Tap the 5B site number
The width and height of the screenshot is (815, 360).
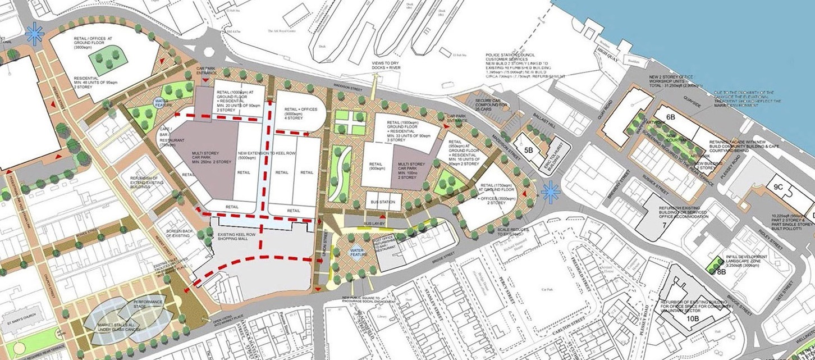click(x=528, y=150)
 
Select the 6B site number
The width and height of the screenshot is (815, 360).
click(x=670, y=117)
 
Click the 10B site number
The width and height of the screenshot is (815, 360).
click(x=693, y=318)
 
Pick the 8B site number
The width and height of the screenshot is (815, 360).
click(x=721, y=272)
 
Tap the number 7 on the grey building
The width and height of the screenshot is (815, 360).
click(x=664, y=225)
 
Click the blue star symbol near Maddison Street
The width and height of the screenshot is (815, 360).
click(x=551, y=193)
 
